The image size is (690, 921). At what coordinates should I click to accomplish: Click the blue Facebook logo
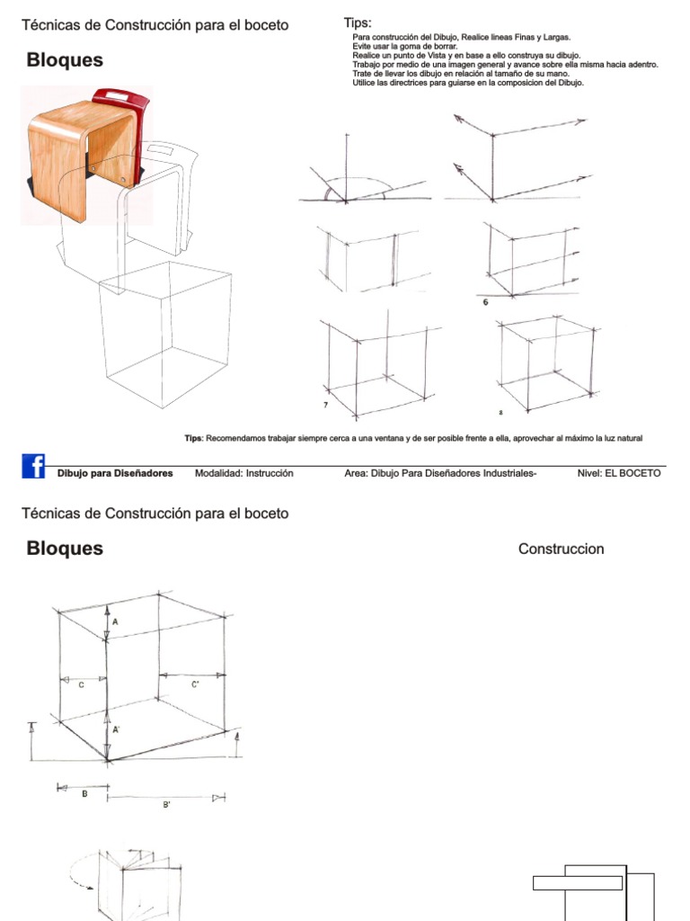tap(33, 467)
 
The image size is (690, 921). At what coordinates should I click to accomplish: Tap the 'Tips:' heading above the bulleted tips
tap(358, 22)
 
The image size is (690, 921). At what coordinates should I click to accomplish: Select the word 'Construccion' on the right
tap(562, 549)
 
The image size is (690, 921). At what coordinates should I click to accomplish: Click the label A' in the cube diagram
tap(116, 729)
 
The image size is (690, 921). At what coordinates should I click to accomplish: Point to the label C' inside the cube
tap(195, 684)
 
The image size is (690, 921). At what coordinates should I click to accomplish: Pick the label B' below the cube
tap(166, 805)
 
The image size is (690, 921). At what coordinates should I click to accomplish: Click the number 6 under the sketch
tap(486, 302)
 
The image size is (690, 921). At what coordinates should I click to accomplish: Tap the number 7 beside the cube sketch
tap(324, 407)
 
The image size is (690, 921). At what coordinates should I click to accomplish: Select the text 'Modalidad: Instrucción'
tap(244, 473)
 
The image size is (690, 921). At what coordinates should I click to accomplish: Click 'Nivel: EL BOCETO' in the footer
tap(619, 473)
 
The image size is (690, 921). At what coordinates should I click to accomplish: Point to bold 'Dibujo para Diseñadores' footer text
tap(115, 473)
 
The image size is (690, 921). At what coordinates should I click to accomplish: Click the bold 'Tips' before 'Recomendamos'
tap(193, 438)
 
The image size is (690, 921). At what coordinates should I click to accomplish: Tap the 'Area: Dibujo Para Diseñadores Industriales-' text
tap(440, 473)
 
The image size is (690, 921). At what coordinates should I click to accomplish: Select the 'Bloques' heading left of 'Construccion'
tap(65, 549)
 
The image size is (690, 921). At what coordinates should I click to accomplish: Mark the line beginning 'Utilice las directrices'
tap(468, 83)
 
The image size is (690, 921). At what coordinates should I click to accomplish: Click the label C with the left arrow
tap(82, 684)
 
